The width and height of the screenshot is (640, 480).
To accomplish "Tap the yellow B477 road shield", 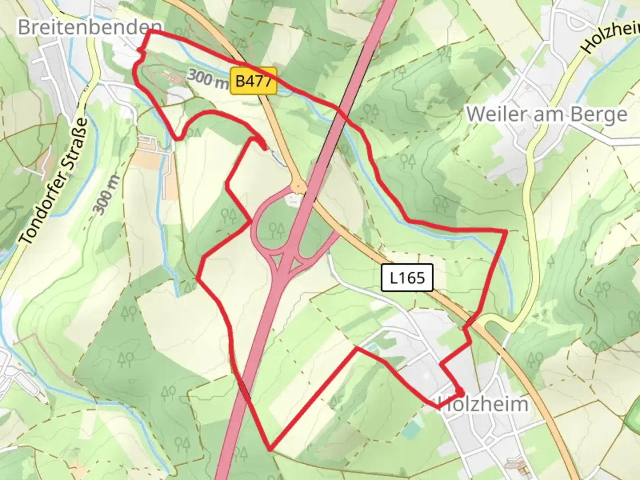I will [253, 81].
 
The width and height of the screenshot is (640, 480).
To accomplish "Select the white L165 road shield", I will [407, 278].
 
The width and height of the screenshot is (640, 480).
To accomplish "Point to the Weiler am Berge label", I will [547, 114].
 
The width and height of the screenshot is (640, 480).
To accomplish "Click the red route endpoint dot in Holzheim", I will [460, 393].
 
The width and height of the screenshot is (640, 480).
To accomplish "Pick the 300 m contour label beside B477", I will [207, 79].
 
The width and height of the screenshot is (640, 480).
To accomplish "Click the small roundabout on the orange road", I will [298, 186].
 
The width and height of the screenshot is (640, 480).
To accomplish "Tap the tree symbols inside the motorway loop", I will [276, 230].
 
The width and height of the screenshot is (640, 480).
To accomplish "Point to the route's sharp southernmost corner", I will [270, 449].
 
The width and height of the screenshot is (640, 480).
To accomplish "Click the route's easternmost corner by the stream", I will [506, 231].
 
